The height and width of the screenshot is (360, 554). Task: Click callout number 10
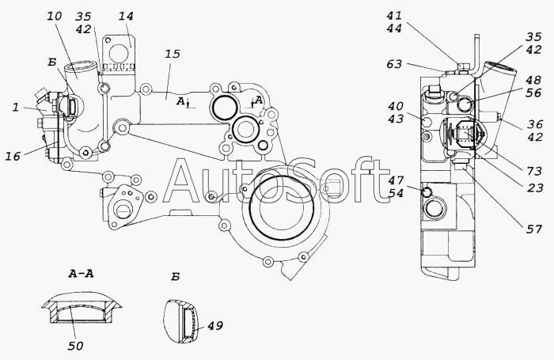click(x=54, y=17)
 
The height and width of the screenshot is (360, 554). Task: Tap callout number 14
click(x=127, y=17)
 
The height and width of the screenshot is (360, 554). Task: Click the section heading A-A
click(x=82, y=275)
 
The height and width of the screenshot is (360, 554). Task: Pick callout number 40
click(x=395, y=107)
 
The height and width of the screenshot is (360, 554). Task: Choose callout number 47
click(x=396, y=181)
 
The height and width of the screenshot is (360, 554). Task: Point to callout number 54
click(x=396, y=194)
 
